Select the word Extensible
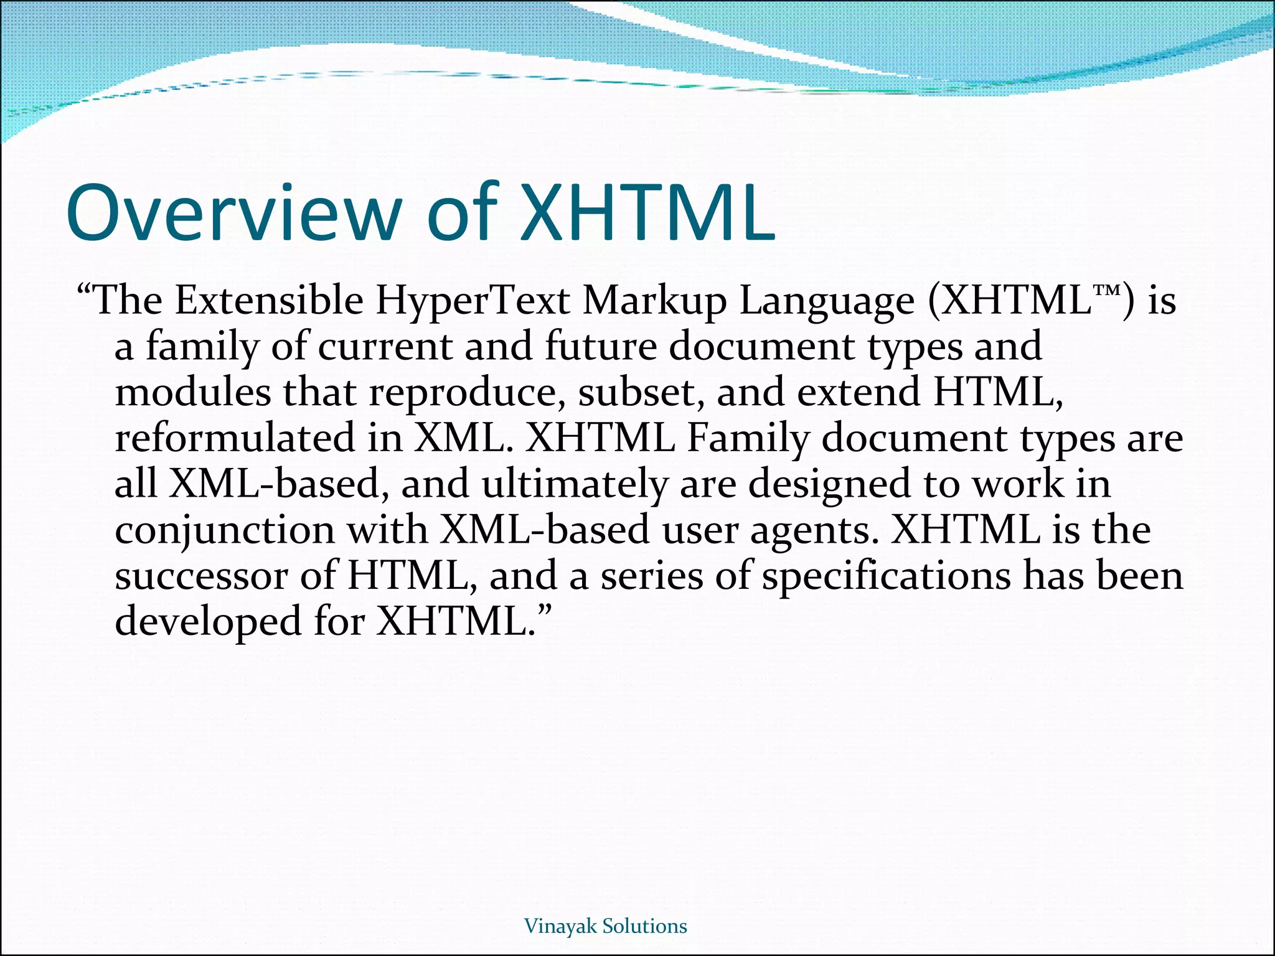point(269,301)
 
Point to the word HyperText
point(473,302)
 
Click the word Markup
point(655,302)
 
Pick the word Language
point(827,302)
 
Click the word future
point(601,346)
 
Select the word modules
point(193,392)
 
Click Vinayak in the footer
point(562,927)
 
